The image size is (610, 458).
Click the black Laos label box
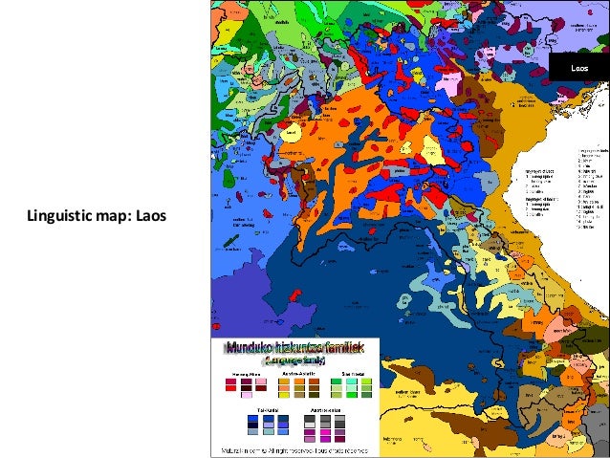(x=579, y=69)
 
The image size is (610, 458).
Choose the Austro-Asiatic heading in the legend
(x=295, y=375)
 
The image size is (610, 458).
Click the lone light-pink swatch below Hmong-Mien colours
(x=246, y=396)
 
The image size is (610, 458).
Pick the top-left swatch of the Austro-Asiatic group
(x=282, y=382)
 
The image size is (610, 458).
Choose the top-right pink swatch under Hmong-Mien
(x=260, y=382)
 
